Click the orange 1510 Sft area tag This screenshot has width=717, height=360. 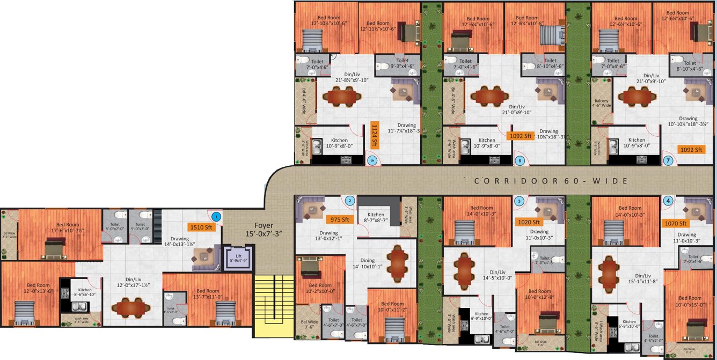(201, 227)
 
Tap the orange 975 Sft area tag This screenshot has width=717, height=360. (339, 219)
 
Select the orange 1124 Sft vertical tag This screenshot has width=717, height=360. (375, 136)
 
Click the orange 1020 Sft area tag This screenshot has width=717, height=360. (529, 221)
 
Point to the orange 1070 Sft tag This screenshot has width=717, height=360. (676, 223)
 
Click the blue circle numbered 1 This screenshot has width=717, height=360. (216, 217)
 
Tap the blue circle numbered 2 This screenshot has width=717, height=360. (350, 201)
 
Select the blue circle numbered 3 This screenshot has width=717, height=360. (519, 201)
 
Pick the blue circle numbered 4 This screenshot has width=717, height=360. (668, 201)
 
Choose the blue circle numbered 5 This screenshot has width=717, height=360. (371, 159)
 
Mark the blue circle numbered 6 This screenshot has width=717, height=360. (519, 160)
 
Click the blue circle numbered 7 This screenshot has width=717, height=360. (668, 160)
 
